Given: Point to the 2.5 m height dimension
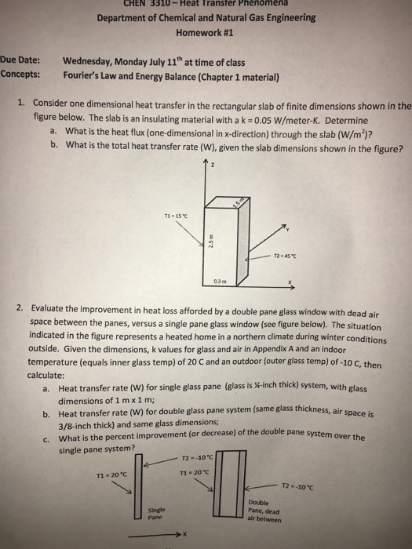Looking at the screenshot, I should [210, 242].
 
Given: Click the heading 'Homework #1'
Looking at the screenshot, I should [206, 34].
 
